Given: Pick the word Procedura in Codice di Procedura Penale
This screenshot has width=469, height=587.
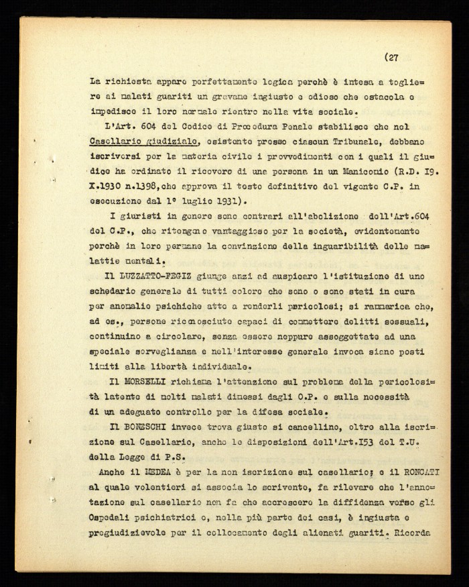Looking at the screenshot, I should click(254, 126).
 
